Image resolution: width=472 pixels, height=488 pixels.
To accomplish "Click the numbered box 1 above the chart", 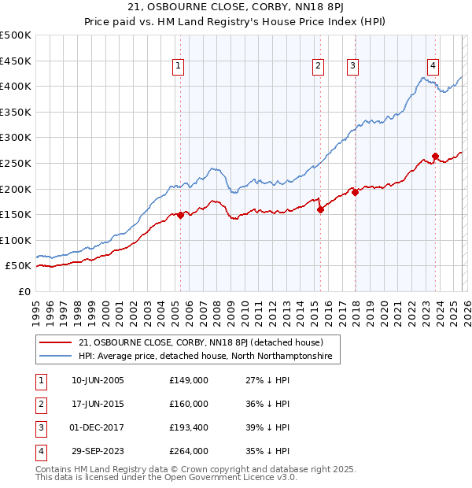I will (x=180, y=67).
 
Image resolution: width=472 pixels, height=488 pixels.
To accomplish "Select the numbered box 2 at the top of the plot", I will (x=319, y=67).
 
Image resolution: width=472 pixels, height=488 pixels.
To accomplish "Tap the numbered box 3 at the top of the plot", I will (x=353, y=67).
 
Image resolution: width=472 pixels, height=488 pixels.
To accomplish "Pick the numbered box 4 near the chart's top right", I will (x=433, y=67).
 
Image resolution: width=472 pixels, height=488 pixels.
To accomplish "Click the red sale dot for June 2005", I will (x=180, y=215).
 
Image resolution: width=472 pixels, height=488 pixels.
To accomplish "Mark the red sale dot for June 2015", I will (x=320, y=209).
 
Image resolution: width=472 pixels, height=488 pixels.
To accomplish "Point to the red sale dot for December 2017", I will (x=355, y=191).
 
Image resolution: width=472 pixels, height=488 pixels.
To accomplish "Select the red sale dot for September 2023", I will (x=435, y=156).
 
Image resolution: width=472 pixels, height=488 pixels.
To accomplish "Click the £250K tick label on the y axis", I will (x=16, y=163).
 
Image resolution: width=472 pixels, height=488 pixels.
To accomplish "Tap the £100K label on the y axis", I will (x=16, y=240).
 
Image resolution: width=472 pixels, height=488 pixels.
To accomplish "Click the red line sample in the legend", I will (x=55, y=343).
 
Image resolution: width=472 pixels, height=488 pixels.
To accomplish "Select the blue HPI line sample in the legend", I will (x=55, y=357).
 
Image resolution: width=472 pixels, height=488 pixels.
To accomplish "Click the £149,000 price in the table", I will (x=189, y=380).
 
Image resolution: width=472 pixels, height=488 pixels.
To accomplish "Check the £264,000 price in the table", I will (x=189, y=451).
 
